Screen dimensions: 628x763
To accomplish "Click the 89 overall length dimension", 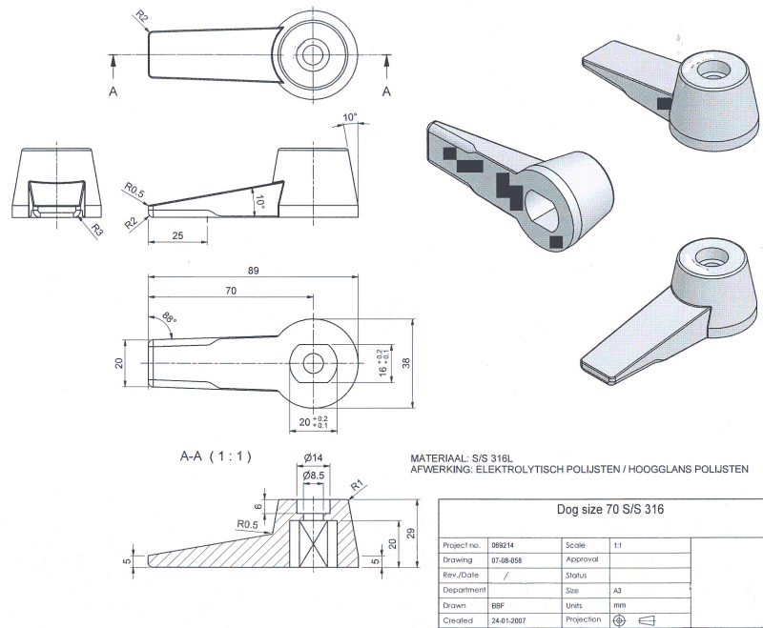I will click(253, 271).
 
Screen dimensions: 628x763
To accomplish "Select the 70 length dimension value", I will click(231, 291).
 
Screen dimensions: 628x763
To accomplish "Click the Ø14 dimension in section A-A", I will click(314, 456).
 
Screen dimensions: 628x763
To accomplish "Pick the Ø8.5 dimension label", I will click(314, 475).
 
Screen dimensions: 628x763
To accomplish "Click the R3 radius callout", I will click(97, 228).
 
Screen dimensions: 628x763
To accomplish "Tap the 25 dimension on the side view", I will click(178, 233).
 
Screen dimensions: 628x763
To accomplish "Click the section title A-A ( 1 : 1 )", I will click(216, 456).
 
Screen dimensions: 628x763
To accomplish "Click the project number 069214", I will click(503, 544).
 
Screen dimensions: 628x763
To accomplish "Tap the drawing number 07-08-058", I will click(506, 559).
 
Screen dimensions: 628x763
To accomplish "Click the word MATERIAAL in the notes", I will click(438, 457).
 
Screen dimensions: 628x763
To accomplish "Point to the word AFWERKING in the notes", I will click(441, 468).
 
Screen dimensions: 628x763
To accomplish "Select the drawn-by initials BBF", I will click(497, 605).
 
